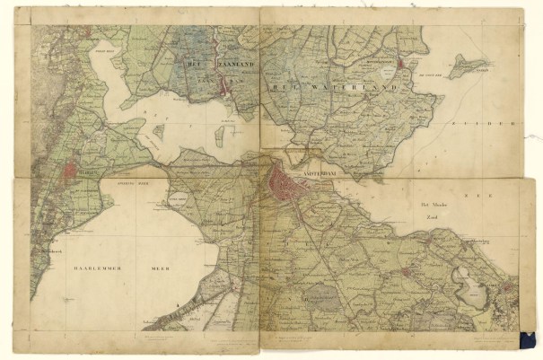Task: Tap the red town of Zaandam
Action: pyautogui.click(x=225, y=86)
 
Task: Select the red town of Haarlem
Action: pyautogui.click(x=71, y=168)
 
